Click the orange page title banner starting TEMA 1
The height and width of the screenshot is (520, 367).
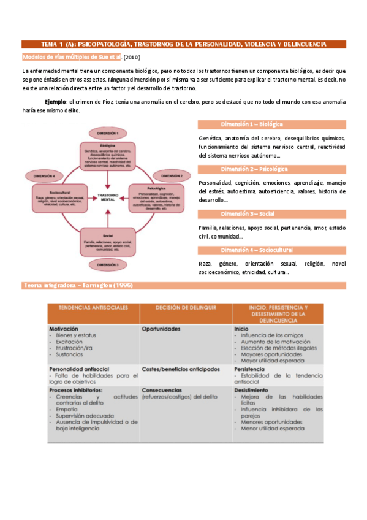point(183,44)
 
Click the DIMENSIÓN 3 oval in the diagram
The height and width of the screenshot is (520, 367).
point(108,264)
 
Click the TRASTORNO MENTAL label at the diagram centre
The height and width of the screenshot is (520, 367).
point(108,197)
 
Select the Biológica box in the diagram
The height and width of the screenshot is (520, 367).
point(108,156)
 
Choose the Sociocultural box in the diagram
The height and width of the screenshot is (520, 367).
point(60,198)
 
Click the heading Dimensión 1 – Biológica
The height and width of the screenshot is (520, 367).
point(252,124)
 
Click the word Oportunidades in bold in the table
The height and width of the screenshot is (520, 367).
point(161,329)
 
